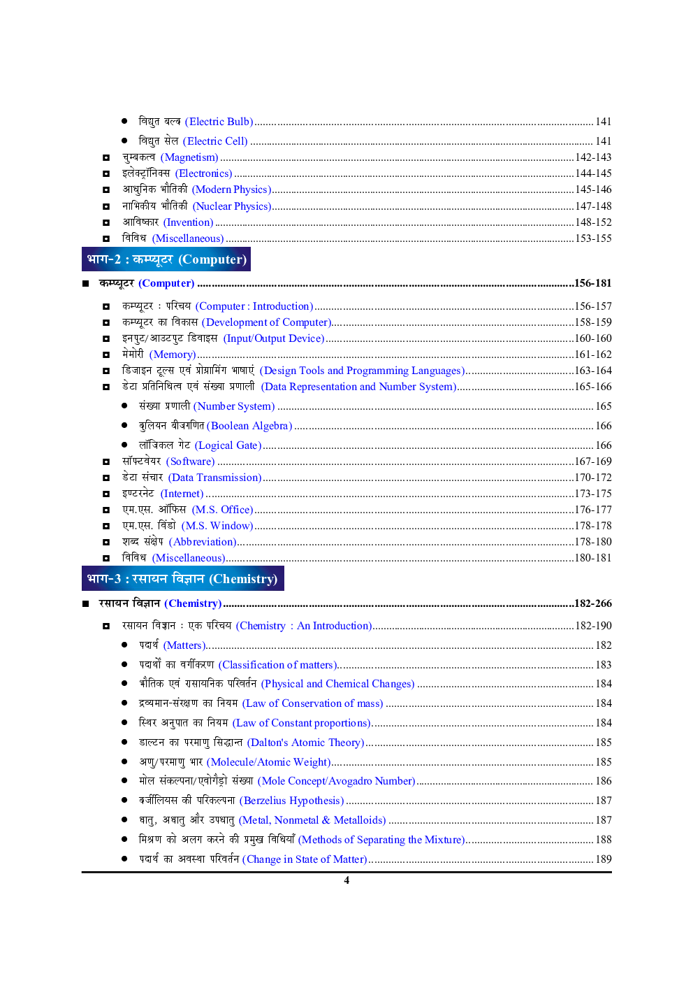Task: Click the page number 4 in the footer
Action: click(346, 880)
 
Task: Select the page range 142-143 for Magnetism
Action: click(593, 157)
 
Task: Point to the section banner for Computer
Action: click(166, 259)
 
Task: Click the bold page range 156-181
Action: click(592, 283)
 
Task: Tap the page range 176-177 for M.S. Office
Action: click(593, 510)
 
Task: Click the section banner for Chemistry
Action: click(182, 579)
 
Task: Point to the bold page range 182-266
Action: click(592, 603)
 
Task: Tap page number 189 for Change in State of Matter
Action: click(604, 859)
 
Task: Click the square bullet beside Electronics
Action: click(106, 173)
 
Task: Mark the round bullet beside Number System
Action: click(124, 406)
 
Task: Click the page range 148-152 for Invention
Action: click(593, 222)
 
